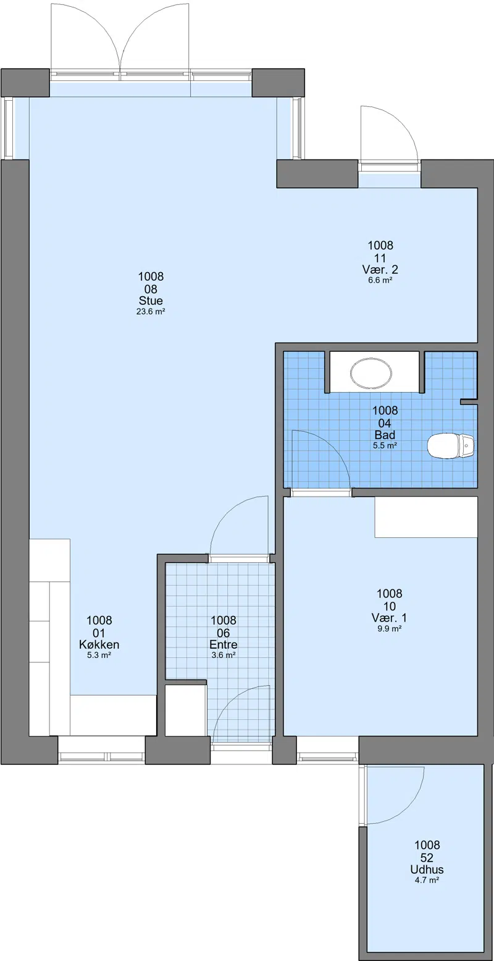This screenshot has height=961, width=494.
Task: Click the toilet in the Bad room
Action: (451, 446)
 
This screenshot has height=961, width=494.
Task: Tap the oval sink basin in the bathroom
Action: (371, 372)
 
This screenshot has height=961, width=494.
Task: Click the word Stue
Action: (151, 301)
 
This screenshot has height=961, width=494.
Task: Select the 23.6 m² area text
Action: (151, 312)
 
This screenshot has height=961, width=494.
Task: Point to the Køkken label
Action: (99, 644)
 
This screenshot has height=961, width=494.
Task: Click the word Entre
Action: (223, 644)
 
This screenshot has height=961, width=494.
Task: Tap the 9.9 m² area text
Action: (389, 629)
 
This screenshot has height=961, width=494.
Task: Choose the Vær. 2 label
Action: (380, 270)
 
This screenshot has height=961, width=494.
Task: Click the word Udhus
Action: (427, 869)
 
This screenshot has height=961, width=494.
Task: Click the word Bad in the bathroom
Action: (385, 435)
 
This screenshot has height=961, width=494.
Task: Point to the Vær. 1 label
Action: (389, 618)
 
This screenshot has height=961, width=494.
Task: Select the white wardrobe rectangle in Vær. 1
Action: (426, 517)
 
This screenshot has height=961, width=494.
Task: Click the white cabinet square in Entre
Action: (185, 711)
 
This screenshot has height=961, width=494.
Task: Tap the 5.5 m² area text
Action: (385, 446)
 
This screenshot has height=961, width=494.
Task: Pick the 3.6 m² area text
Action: (223, 655)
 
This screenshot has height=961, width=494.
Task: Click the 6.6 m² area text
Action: (380, 280)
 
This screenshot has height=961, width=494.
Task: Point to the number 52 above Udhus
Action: (427, 858)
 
